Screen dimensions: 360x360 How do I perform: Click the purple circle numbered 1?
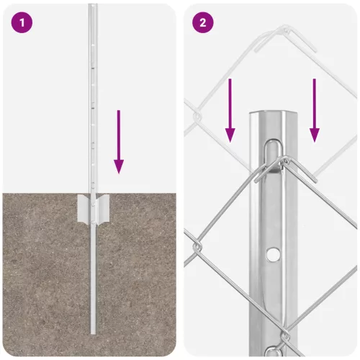coord(22,22)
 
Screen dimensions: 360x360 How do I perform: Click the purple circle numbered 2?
coord(203,22)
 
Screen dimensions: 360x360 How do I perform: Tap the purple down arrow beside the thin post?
coord(119,142)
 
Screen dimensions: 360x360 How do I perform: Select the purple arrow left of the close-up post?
coord(230,110)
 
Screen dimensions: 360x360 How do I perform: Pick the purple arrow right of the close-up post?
coord(314,110)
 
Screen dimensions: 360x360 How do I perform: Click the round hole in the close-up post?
coord(273,254)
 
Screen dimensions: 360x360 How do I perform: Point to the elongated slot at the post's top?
coord(274,156)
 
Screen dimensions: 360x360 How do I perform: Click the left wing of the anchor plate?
coord(84,210)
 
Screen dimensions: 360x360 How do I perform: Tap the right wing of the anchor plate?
coord(103,210)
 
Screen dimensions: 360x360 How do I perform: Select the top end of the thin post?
coord(93,4)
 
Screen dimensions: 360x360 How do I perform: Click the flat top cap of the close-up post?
coord(274,112)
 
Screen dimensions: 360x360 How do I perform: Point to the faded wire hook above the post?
coord(286,38)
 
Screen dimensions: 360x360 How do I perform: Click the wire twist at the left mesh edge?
coord(197,247)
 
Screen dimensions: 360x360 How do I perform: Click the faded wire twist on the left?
coord(197,117)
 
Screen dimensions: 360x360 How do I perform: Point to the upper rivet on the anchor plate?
coord(93,204)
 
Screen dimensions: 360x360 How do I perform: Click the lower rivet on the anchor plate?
coord(93,222)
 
